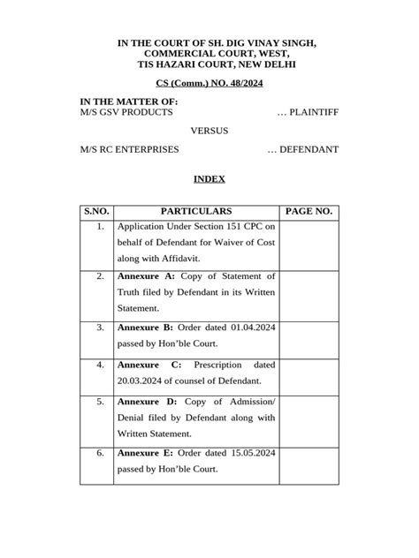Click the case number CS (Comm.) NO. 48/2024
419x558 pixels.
(x=209, y=83)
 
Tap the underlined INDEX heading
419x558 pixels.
(x=209, y=179)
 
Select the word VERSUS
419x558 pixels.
(x=209, y=131)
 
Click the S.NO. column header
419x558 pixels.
(x=95, y=212)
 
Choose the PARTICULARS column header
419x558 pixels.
(x=196, y=212)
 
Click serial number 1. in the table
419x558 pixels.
(x=100, y=227)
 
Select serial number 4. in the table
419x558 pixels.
(x=100, y=364)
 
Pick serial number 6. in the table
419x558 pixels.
(x=100, y=453)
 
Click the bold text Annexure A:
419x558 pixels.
(x=146, y=276)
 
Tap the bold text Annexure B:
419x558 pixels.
(x=146, y=327)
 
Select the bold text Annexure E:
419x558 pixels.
(x=146, y=453)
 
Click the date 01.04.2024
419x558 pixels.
(x=246, y=327)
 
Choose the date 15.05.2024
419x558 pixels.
(x=246, y=453)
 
